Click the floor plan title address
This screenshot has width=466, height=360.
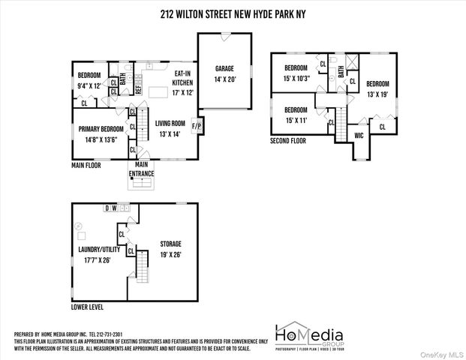click(233, 12)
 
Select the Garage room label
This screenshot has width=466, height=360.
click(224, 73)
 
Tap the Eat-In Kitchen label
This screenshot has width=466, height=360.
click(184, 77)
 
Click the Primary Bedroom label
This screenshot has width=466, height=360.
click(101, 133)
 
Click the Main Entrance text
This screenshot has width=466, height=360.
click(141, 169)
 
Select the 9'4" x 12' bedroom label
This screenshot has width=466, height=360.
click(89, 80)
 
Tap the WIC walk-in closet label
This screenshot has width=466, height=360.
click(359, 135)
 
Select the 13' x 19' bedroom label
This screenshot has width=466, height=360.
click(378, 88)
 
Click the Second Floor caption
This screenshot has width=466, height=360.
click(289, 140)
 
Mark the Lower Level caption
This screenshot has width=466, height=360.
click(88, 307)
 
